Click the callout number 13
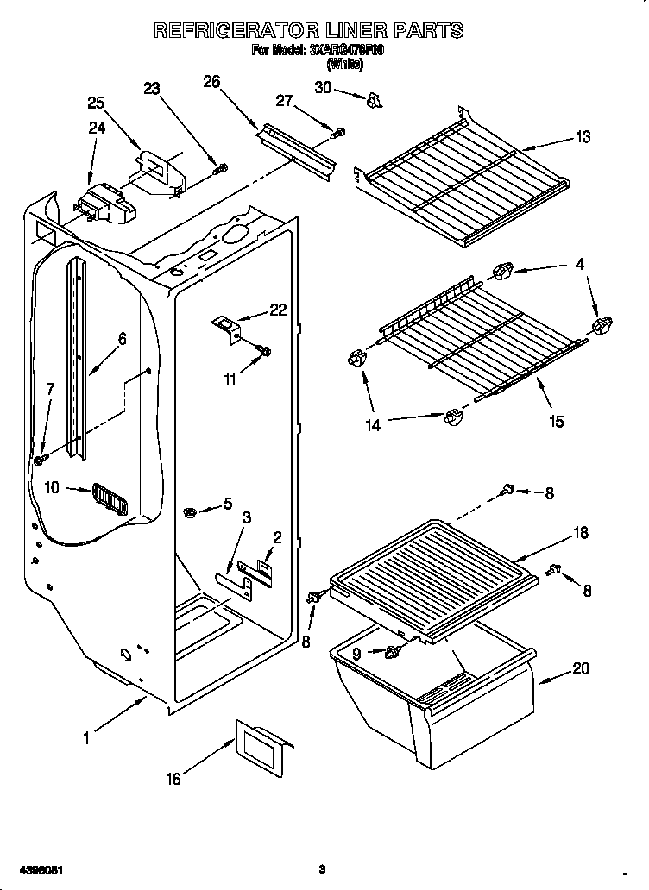tap(583, 137)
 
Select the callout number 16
tap(173, 779)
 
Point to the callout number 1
tap(85, 737)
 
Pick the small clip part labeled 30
tap(374, 101)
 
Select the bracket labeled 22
tap(227, 327)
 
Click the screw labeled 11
tap(265, 349)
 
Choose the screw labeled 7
tap(40, 459)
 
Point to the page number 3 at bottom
tap(321, 868)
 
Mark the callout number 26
tap(211, 82)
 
